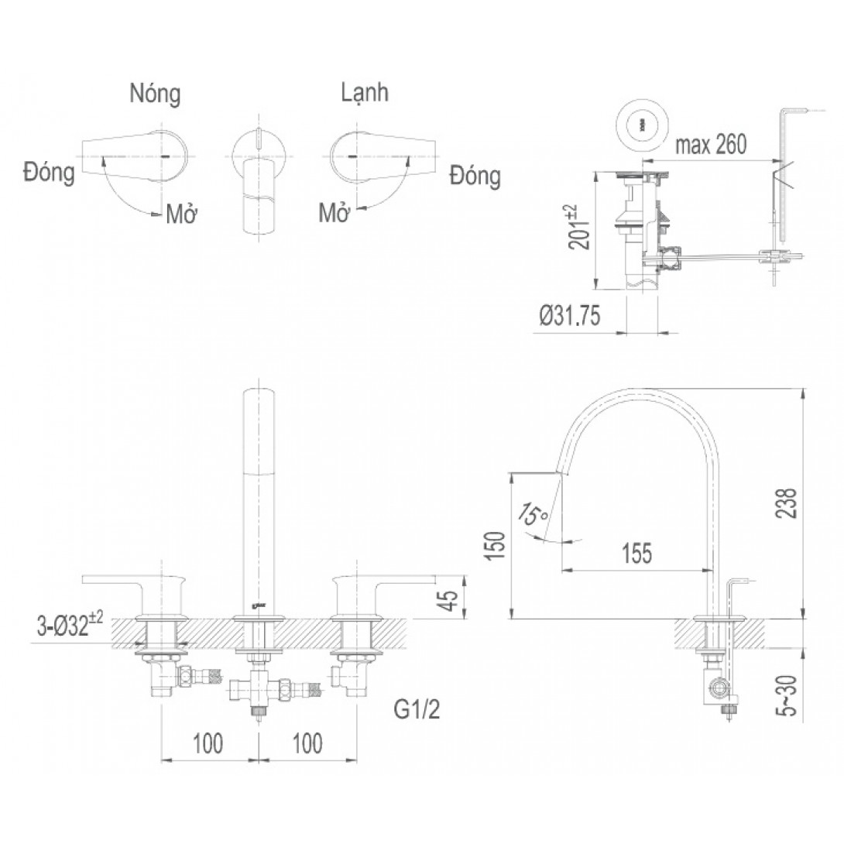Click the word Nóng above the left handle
tap(155, 94)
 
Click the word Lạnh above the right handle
tap(365, 94)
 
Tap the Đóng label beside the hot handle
tap(49, 173)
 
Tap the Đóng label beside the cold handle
tap(475, 176)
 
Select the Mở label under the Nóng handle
tap(179, 214)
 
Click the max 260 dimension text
tap(710, 145)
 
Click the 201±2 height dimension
tap(582, 228)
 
